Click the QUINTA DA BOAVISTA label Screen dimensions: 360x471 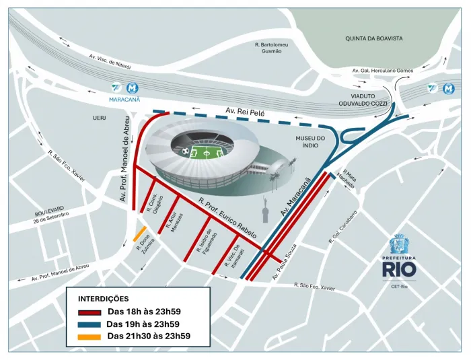[x=373, y=38]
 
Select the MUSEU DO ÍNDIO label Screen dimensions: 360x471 [x=310, y=142]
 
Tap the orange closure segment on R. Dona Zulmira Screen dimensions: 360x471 [x=140, y=233]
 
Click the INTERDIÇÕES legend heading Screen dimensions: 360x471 [x=104, y=298]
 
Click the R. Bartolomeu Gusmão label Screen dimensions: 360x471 [x=271, y=48]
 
